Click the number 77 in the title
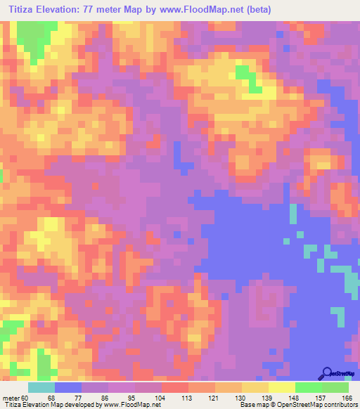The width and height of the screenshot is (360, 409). tap(94, 10)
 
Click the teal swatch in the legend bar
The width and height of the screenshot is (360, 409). tap(41, 387)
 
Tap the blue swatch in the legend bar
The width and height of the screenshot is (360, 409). tap(68, 387)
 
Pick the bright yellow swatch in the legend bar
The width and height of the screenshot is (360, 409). tap(281, 387)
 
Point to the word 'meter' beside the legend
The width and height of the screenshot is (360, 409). tap(9, 398)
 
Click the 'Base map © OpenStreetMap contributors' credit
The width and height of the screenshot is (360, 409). tap(299, 405)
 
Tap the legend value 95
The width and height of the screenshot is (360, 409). tap(136, 398)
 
